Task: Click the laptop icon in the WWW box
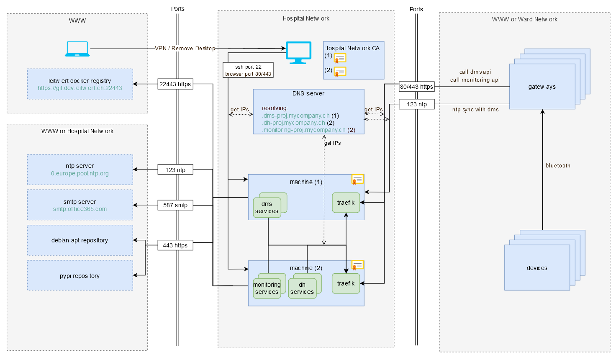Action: click(x=77, y=49)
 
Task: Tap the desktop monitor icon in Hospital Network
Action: click(x=298, y=52)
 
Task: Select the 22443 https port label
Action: click(x=175, y=84)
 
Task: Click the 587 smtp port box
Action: click(x=175, y=205)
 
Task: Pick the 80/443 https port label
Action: click(x=416, y=87)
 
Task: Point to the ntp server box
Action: click(x=80, y=169)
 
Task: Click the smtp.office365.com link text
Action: click(x=80, y=209)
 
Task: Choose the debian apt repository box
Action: click(x=80, y=240)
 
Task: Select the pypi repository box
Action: click(x=80, y=275)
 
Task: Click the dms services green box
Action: click(x=267, y=208)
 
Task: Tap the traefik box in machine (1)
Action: click(x=346, y=203)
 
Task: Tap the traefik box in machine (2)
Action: click(x=346, y=283)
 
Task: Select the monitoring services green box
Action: click(x=267, y=288)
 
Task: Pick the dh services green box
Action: click(x=302, y=288)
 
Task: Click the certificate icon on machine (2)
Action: click(x=357, y=265)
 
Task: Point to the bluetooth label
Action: click(x=558, y=166)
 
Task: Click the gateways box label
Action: click(x=542, y=87)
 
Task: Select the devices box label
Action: click(x=537, y=268)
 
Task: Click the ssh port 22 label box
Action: click(x=248, y=70)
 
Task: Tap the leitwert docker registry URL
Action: click(x=80, y=88)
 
